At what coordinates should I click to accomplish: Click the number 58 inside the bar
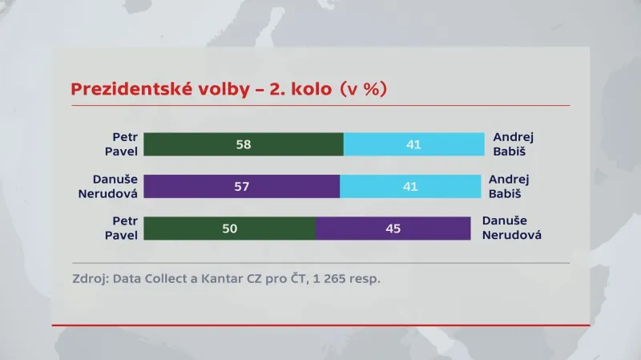click(244, 144)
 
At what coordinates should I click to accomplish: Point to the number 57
click(242, 186)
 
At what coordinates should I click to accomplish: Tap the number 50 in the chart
click(230, 228)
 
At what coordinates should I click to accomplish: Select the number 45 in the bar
click(393, 228)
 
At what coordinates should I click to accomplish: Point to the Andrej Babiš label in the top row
click(513, 144)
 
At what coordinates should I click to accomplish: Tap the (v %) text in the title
click(361, 89)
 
